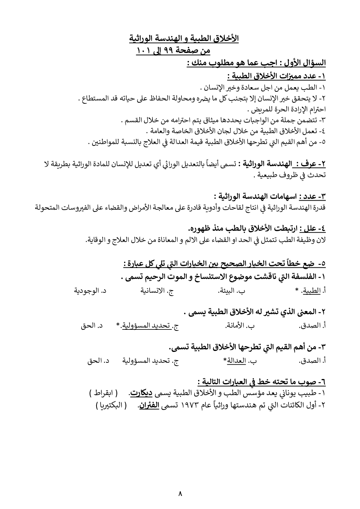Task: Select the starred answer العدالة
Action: [234, 361]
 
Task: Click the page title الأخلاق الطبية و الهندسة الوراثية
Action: [184, 38]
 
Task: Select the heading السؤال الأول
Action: [304, 63]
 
